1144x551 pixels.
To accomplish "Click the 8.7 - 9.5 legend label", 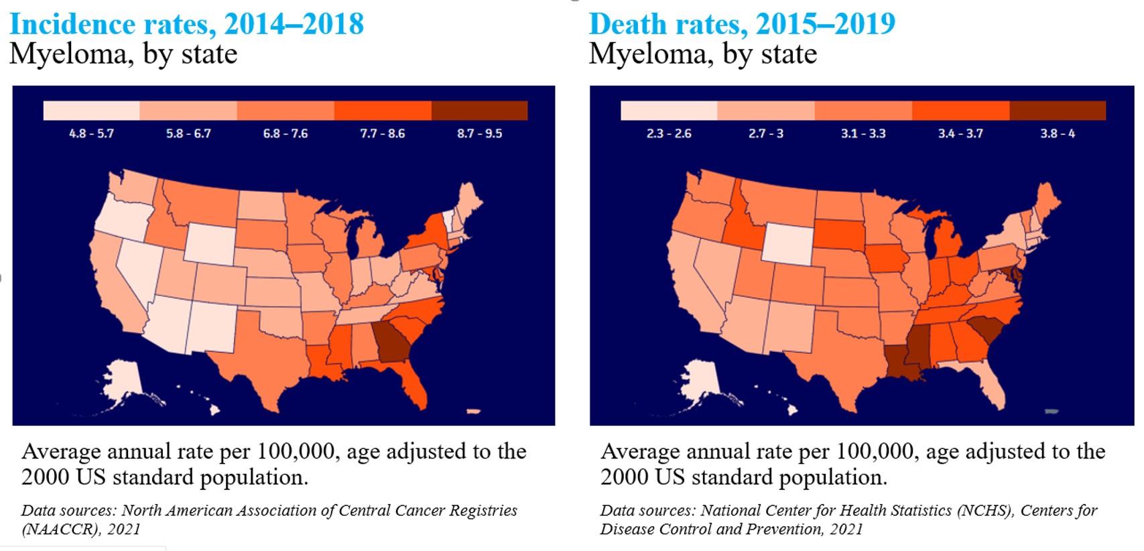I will pos(479,133).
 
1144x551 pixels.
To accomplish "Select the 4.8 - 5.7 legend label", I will pos(91,133).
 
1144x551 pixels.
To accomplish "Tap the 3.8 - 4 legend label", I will pos(1058,133).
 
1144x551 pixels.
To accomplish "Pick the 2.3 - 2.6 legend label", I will pos(669,133).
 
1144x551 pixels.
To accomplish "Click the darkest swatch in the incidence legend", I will pos(479,111).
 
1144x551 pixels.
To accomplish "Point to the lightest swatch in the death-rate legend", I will pos(669,111).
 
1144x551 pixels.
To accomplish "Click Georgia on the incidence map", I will pos(393,341).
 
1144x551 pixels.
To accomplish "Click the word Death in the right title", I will pos(629,25).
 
